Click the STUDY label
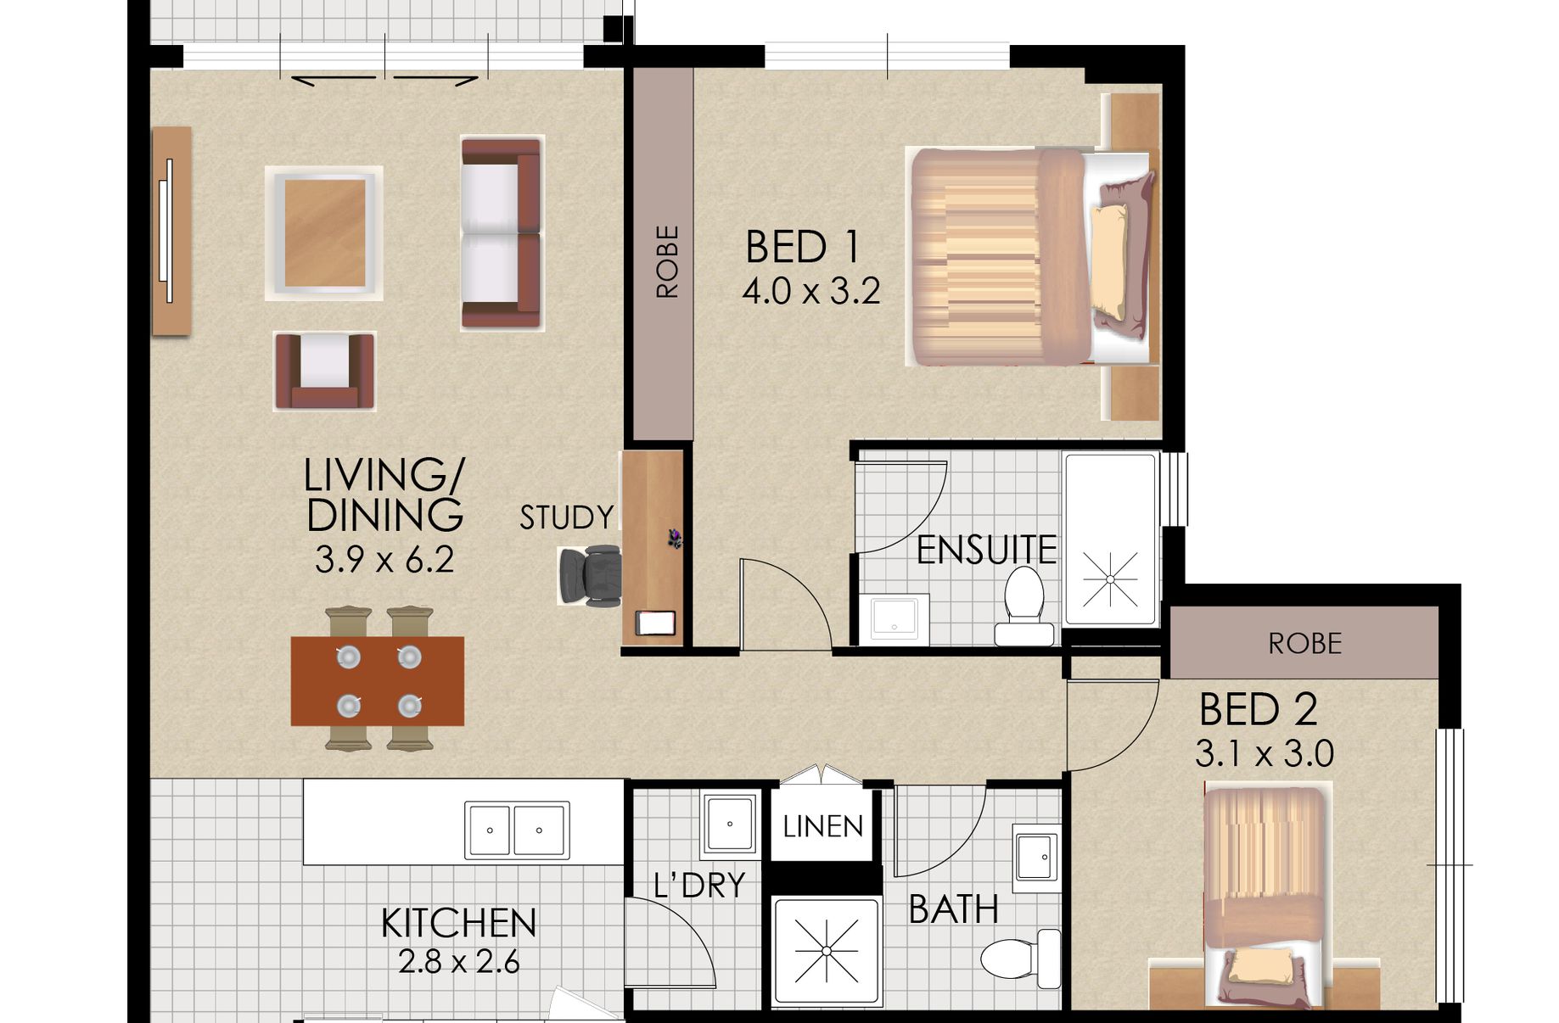click(x=566, y=517)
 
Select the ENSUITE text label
click(x=987, y=551)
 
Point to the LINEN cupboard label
click(x=822, y=826)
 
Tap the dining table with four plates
click(x=378, y=681)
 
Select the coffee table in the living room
click(x=324, y=233)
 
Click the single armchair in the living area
click(x=324, y=372)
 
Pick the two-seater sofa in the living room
click(x=501, y=234)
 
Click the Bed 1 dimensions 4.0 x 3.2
click(x=810, y=292)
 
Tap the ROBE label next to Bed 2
click(x=1304, y=644)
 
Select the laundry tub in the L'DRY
click(x=729, y=824)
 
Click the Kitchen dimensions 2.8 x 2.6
click(x=458, y=963)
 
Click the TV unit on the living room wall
click(x=171, y=231)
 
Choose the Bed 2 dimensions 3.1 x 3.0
click(x=1264, y=754)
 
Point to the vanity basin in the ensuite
click(x=894, y=618)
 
